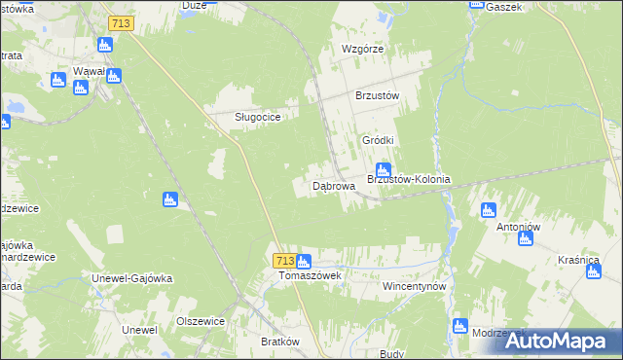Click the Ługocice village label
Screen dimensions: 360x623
pos(258,117)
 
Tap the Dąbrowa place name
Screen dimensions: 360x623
pos(320,185)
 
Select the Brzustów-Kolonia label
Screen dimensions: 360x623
pos(408,179)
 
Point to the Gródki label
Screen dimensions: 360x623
pos(378,140)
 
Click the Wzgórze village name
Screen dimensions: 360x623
pos(363,49)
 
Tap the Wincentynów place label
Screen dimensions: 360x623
pos(413,288)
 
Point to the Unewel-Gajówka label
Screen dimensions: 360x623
pos(131,278)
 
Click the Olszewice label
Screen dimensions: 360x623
pos(201,321)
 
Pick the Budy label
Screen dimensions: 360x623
pos(391,354)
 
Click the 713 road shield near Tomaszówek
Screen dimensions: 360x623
pos(284,261)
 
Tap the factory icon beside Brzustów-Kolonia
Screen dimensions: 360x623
pos(384,169)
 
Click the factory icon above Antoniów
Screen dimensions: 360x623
pos(489,209)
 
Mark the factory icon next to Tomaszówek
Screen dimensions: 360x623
pos(304,261)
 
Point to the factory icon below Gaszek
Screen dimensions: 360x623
pos(476,3)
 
